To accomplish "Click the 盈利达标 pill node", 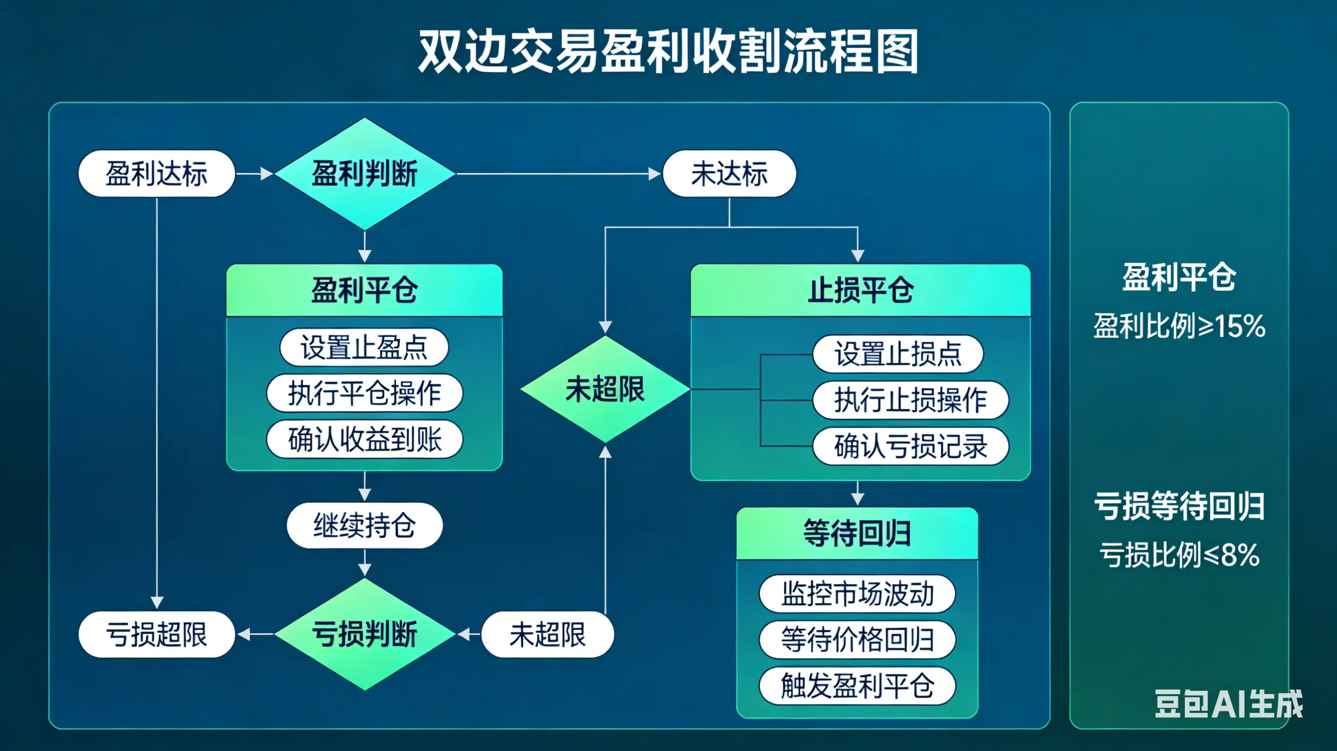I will click(156, 173).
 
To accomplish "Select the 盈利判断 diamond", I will click(365, 173).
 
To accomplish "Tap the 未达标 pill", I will click(729, 173).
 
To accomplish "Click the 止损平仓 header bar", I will click(860, 290).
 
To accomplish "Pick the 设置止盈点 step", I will click(364, 347).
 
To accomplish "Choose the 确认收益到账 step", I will click(364, 439).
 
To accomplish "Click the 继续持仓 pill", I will click(364, 525).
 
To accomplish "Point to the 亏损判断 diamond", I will click(365, 634).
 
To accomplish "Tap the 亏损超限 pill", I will click(156, 634).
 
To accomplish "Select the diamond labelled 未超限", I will click(605, 389).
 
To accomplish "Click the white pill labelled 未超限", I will click(548, 634).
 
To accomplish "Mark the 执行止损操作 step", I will click(910, 400).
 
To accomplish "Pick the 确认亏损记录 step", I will click(910, 446).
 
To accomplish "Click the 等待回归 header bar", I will click(857, 533).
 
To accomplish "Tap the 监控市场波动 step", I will click(857, 593).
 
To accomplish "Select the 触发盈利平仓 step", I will click(857, 685).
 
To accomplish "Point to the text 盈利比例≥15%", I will click(1179, 326).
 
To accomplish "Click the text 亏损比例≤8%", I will click(1179, 555).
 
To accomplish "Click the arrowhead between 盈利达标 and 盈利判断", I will click(267, 174).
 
